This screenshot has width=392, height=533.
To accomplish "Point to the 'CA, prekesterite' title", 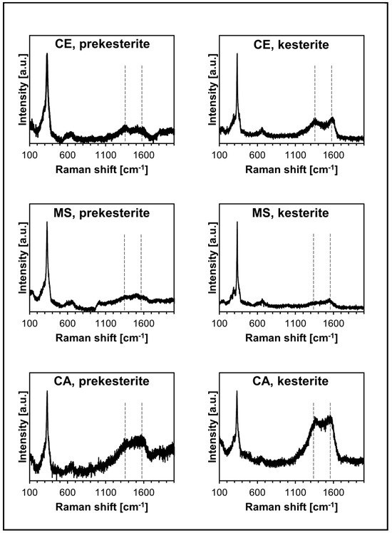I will (102, 381).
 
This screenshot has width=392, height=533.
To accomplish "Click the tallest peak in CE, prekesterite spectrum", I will (47, 54).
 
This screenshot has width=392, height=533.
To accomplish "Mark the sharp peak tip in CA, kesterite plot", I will (237, 391).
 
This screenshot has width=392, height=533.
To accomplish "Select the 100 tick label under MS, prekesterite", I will (30, 323).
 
